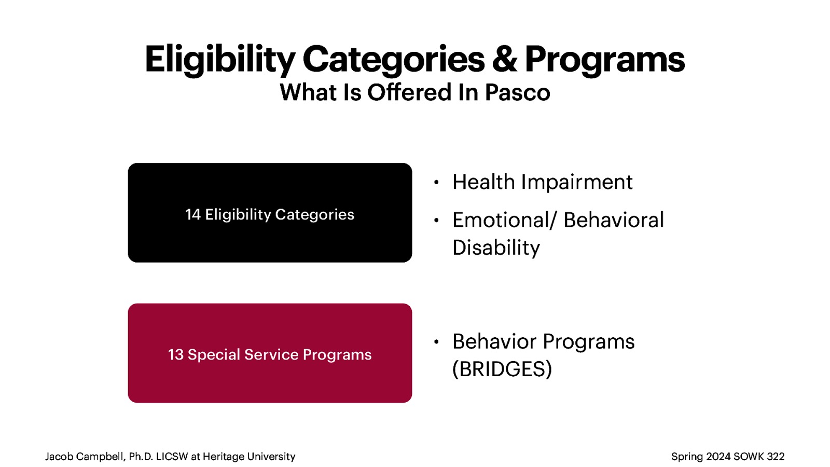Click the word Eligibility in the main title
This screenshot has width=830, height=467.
pyautogui.click(x=220, y=59)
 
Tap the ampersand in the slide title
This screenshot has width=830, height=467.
pyautogui.click(x=504, y=59)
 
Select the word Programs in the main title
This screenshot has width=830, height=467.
pyautogui.click(x=604, y=59)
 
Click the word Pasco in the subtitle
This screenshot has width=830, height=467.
pyautogui.click(x=517, y=93)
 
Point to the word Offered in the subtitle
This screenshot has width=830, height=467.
pyautogui.click(x=409, y=93)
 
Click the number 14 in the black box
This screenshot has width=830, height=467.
pyautogui.click(x=192, y=214)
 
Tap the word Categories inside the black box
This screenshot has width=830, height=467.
pyautogui.click(x=314, y=214)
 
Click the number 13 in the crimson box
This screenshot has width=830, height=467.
pyautogui.click(x=175, y=354)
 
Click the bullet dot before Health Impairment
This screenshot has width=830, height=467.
pyautogui.click(x=436, y=182)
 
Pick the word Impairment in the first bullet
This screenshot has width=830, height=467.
pyautogui.click(x=576, y=182)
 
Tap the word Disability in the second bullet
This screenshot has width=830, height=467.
pyautogui.click(x=496, y=248)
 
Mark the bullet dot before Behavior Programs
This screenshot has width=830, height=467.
pyautogui.click(x=436, y=341)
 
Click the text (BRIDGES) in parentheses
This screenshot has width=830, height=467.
pyautogui.click(x=502, y=369)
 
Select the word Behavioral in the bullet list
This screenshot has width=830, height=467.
pyautogui.click(x=613, y=220)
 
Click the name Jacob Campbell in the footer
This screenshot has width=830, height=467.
pyautogui.click(x=85, y=457)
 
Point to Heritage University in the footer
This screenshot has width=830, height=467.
pyautogui.click(x=248, y=457)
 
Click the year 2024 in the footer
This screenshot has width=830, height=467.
pyautogui.click(x=718, y=457)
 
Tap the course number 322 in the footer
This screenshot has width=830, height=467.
pyautogui.click(x=776, y=457)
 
